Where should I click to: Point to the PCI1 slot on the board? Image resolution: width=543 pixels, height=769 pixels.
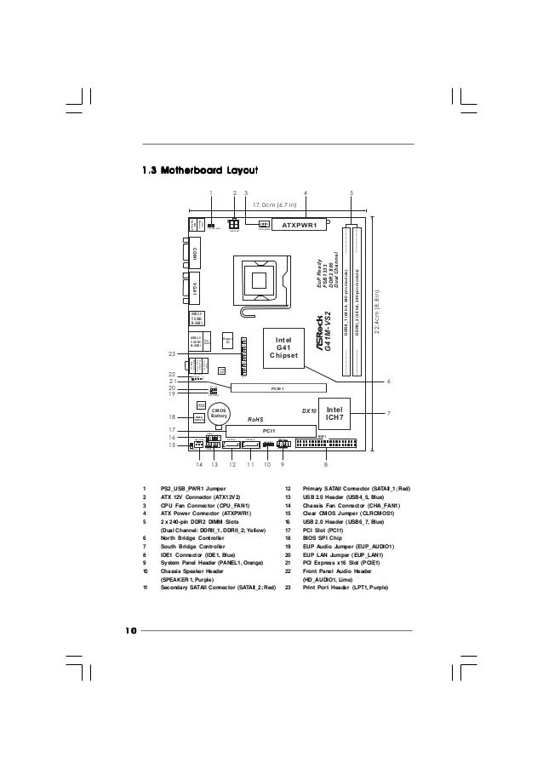268,432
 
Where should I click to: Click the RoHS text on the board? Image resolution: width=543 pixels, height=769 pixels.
257,420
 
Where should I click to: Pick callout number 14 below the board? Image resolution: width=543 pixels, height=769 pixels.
199,466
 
